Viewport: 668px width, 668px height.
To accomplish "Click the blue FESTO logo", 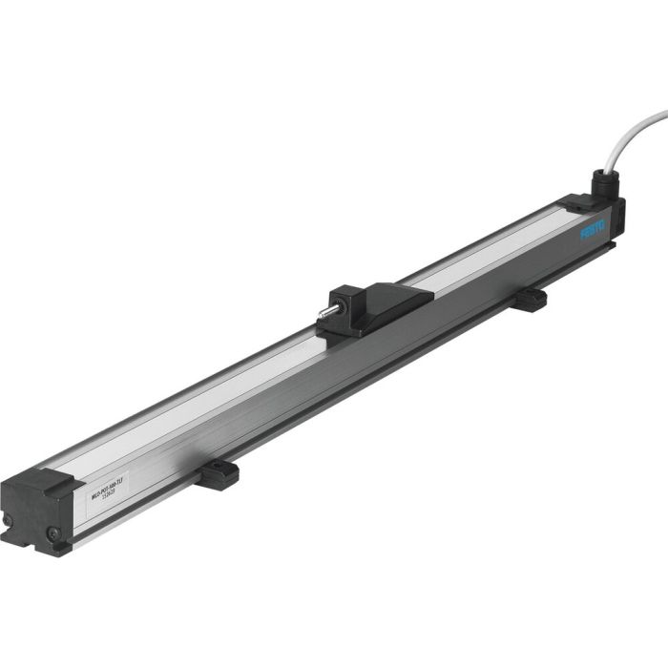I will pos(594,231).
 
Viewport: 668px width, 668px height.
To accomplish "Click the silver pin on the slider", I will pos(328,311).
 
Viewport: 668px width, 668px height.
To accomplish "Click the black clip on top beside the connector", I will pos(576,201).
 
